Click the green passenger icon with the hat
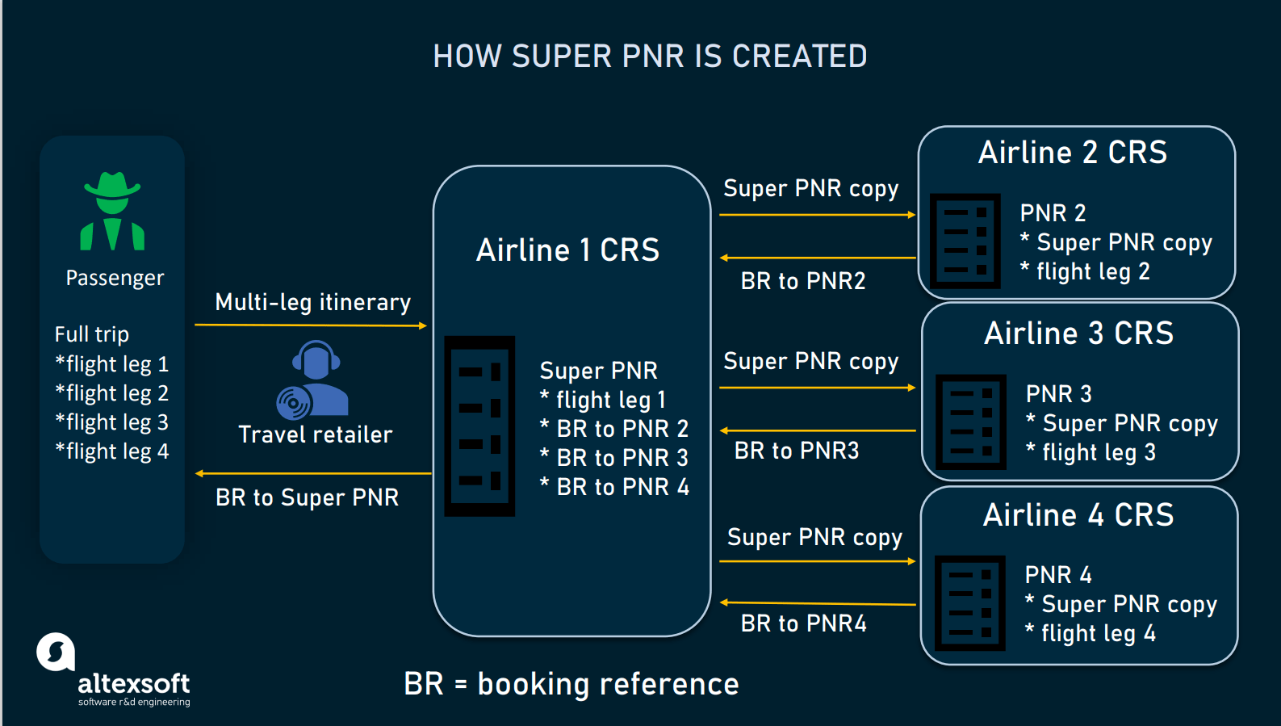tap(112, 211)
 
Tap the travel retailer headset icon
tap(313, 379)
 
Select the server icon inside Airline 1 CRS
tap(479, 426)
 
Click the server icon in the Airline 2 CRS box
tap(965, 241)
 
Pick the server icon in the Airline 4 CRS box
tap(969, 602)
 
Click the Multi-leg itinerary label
tap(313, 302)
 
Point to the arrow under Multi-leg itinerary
tap(311, 325)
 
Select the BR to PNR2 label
tap(803, 281)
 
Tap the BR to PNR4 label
tap(804, 623)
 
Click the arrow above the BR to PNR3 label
tap(817, 430)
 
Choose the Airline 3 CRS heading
tap(1078, 334)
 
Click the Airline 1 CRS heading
tap(567, 250)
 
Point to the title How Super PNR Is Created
tap(650, 57)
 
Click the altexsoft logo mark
tap(56, 652)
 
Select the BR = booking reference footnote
tap(571, 684)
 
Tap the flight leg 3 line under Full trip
tap(111, 422)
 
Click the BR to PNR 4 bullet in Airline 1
tap(615, 487)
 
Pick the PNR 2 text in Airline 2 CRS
tap(1053, 213)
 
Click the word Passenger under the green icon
tap(115, 278)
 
